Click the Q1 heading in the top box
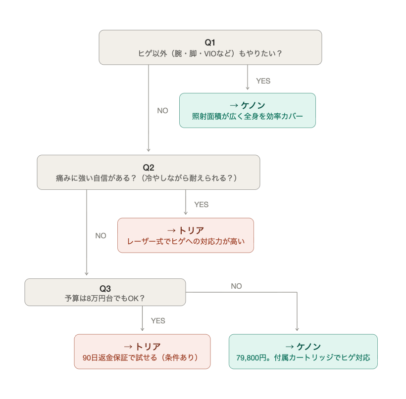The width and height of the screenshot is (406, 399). tap(210, 42)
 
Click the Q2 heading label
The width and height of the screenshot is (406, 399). tap(148, 167)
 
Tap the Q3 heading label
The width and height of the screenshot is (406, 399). tap(105, 289)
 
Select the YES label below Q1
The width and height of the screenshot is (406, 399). tap(263, 81)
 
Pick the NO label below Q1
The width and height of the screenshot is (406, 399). tap(162, 111)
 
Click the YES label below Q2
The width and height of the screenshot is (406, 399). tap(201, 204)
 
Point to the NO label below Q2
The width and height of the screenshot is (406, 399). tap(101, 236)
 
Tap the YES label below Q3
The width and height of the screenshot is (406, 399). tap(158, 320)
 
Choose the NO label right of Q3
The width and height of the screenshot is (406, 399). tap(236, 286)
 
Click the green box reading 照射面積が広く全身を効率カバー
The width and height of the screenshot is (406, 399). tap(247, 111)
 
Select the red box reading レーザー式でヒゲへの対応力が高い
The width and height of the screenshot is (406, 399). tap(185, 236)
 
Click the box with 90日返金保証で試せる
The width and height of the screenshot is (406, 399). tap(142, 352)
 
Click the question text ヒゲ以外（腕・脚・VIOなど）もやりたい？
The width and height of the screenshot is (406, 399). tap(210, 53)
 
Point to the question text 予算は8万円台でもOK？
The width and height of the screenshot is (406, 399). tap(105, 299)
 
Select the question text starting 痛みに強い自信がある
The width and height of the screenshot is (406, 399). tap(148, 178)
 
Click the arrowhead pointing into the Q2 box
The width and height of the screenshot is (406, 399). tap(149, 152)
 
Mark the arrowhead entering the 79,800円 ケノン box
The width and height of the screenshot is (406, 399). tap(297, 331)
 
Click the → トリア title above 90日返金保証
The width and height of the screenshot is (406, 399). tap(142, 346)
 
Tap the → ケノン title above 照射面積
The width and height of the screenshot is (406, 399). tap(247, 105)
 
